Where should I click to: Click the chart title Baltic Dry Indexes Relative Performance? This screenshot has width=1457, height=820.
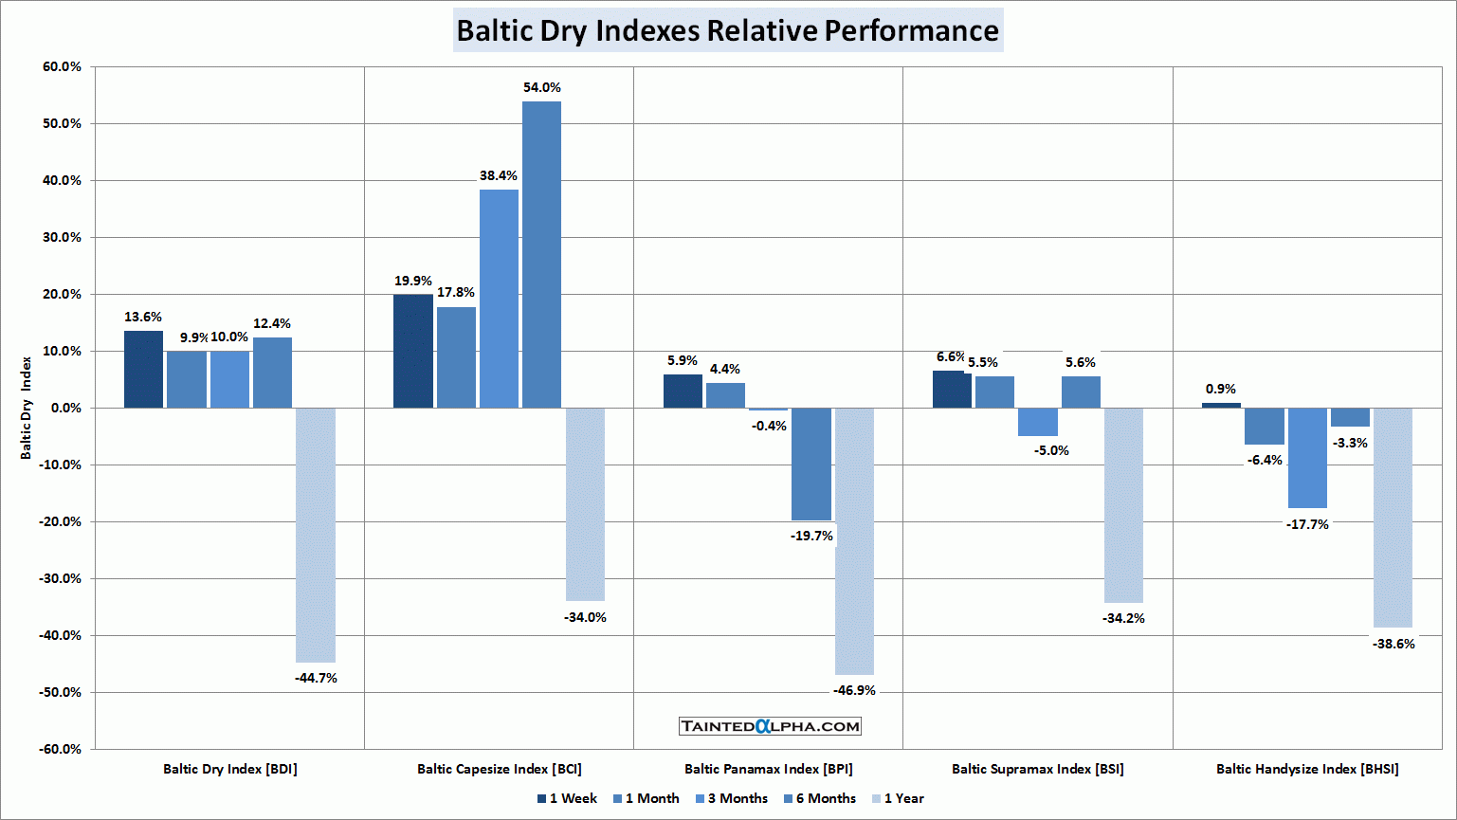[x=727, y=30]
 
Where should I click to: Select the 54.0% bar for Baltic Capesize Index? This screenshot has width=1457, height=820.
[x=541, y=254]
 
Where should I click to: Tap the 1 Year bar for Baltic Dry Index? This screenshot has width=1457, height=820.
[x=315, y=535]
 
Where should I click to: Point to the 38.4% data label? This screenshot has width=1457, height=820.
[x=499, y=175]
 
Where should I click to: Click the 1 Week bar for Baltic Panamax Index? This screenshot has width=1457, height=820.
[x=683, y=391]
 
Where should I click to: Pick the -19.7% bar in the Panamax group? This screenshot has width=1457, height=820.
[x=811, y=464]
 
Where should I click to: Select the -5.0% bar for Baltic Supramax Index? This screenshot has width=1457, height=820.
[x=1038, y=422]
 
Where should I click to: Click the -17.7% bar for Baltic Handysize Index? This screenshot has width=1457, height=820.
[x=1307, y=458]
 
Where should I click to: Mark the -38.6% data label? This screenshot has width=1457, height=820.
[x=1393, y=644]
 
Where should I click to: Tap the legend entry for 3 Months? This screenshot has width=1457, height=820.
[x=731, y=798]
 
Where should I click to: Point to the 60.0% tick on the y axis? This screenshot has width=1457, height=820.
[x=63, y=66]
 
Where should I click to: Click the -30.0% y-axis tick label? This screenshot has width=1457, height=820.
[x=61, y=578]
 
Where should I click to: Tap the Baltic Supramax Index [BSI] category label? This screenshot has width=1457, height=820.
[x=1037, y=769]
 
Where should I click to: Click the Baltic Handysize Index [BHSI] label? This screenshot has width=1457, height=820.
[x=1307, y=769]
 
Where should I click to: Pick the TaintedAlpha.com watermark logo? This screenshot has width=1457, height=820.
[x=770, y=726]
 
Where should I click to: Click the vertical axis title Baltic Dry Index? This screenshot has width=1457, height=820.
[x=27, y=408]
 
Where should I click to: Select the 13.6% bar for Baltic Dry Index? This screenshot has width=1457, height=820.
[x=143, y=369]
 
